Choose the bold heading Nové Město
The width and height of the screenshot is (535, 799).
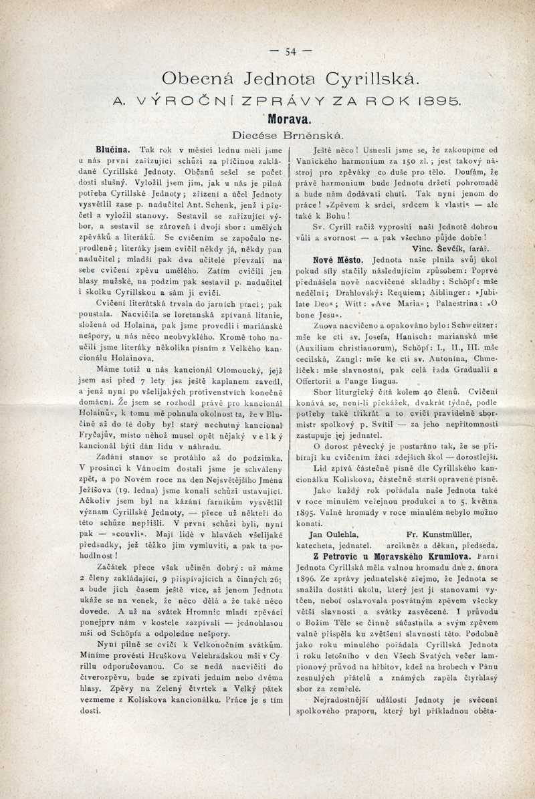pyautogui.click(x=336, y=258)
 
